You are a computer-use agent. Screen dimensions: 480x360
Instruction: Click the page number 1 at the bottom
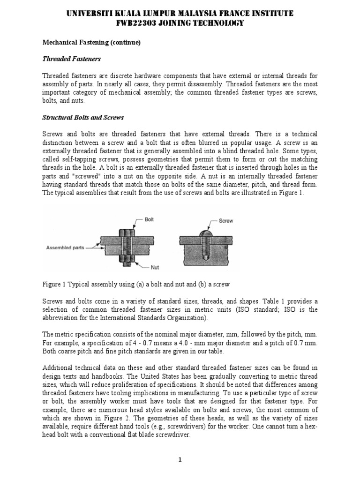tap(180, 460)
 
